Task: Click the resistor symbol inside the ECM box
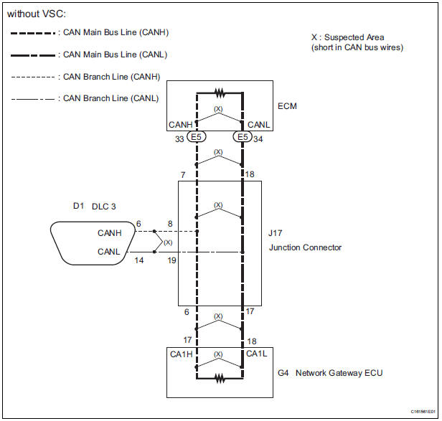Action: tap(220, 93)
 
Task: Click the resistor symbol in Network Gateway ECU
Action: tap(220, 378)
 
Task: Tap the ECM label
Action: tap(287, 106)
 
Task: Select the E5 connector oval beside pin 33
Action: tap(196, 137)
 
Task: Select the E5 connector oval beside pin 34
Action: tap(243, 137)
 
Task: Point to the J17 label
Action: tap(275, 233)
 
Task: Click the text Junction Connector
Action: tap(305, 247)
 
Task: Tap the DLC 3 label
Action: tap(104, 207)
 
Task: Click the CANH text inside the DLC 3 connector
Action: tap(109, 233)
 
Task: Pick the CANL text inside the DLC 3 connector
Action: tap(108, 251)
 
